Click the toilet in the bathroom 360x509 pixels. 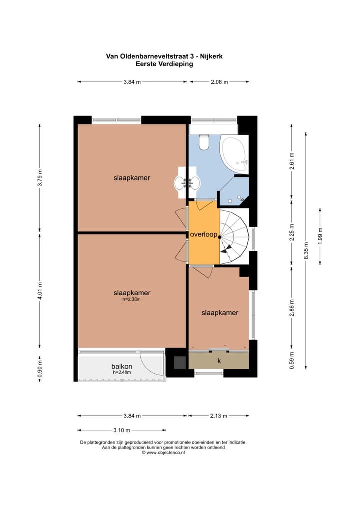pos(204,142)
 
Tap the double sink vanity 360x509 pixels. pos(187,182)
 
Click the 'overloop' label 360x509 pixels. pos(204,234)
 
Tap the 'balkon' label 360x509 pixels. pos(121,367)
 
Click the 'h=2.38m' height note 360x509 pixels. pos(131,299)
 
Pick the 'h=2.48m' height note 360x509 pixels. pos(122,372)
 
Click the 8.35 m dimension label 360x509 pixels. pos(306,250)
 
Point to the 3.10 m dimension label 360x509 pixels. pos(122,430)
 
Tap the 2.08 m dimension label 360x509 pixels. pos(220,82)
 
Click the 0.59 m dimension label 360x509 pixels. pos(292,360)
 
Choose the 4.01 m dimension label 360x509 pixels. pos(40,291)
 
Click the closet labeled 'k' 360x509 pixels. pos(219,361)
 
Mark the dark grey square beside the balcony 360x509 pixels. pos(180,362)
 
